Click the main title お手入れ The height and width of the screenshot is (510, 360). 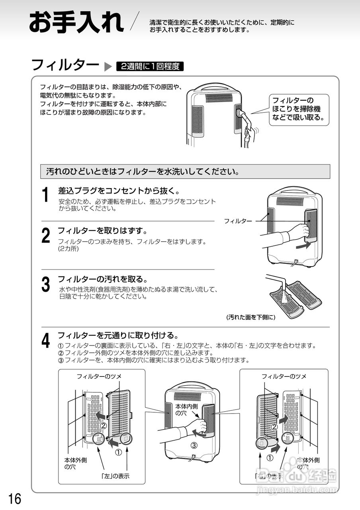(76, 23)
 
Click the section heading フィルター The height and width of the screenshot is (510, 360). (65, 65)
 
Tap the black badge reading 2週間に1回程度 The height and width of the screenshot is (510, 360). (150, 67)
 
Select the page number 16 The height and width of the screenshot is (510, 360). (14, 498)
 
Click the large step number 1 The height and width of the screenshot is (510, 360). (46, 195)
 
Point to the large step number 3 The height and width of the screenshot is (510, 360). (46, 284)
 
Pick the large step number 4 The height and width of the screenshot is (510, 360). (46, 341)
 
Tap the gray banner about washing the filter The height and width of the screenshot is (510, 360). (185, 172)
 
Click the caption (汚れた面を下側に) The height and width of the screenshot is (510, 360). (251, 318)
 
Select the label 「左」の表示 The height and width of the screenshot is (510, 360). (115, 476)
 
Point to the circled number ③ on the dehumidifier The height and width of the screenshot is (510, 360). (194, 445)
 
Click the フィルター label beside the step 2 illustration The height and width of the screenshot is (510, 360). (238, 221)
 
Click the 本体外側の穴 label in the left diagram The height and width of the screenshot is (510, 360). (76, 463)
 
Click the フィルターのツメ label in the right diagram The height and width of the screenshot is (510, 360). (284, 376)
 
